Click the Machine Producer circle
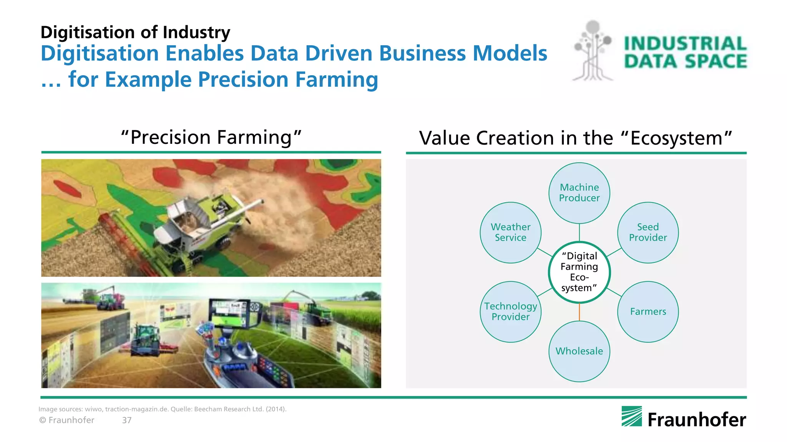pos(579,193)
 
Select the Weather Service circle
pos(510,233)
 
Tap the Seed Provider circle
pos(648,233)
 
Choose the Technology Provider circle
pos(510,312)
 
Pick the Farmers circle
pos(648,312)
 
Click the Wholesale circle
pos(579,351)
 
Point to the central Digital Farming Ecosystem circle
pos(579,272)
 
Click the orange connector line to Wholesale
pos(579,312)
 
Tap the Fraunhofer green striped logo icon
pos(631,416)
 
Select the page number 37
pos(127,421)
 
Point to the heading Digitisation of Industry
pos(135,32)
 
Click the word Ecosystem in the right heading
pos(676,138)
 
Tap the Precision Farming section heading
pos(211,137)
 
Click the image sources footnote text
pos(162,409)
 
